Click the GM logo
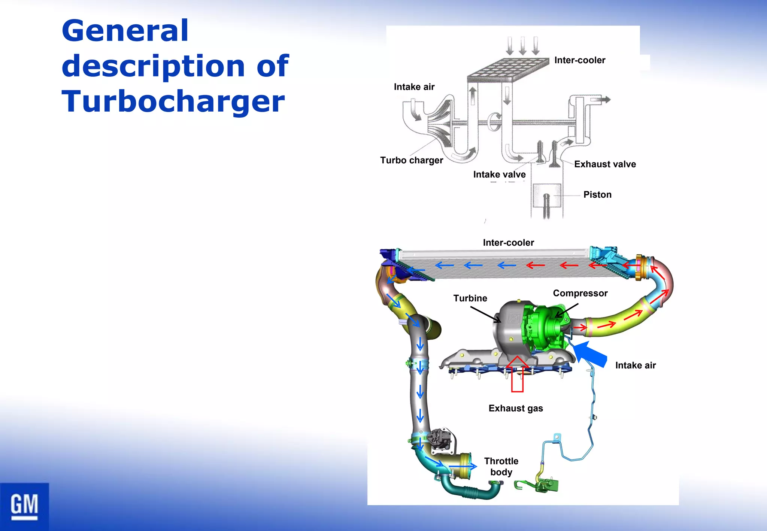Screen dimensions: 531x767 [24, 506]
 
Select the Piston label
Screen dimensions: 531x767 [597, 195]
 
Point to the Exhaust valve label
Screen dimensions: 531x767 [605, 164]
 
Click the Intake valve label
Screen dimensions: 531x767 [499, 175]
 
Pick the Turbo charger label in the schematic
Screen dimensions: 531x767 [412, 160]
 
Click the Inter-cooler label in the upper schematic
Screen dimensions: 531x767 [580, 60]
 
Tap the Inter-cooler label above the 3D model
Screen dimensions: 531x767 [508, 243]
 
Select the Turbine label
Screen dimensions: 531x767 [470, 298]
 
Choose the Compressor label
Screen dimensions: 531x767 [580, 293]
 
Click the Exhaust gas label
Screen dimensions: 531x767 [516, 408]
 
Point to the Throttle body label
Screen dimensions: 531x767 [501, 467]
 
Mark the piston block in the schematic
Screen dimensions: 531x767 [547, 195]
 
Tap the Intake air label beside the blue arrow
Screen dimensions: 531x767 [636, 365]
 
